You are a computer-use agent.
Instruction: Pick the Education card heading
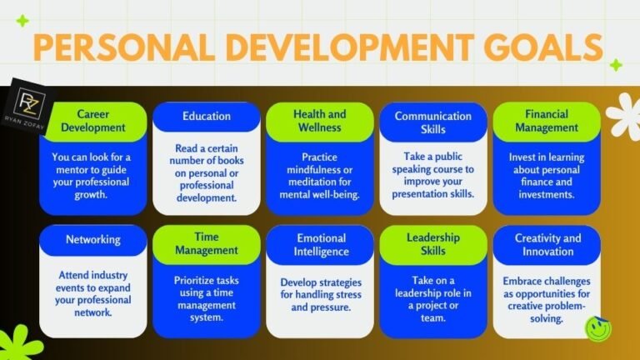tap(206, 116)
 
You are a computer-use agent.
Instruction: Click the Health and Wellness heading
tap(319, 121)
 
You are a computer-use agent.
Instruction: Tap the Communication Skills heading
tap(432, 122)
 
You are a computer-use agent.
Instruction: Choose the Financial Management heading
tap(546, 122)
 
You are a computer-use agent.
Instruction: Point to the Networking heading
tap(92, 239)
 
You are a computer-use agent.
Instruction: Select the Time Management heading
tap(206, 244)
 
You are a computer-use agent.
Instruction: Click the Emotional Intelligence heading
tap(319, 244)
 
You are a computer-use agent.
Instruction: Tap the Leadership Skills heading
tap(432, 244)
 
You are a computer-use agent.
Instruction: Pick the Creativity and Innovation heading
tap(546, 245)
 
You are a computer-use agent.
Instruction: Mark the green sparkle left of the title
tap(22, 20)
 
